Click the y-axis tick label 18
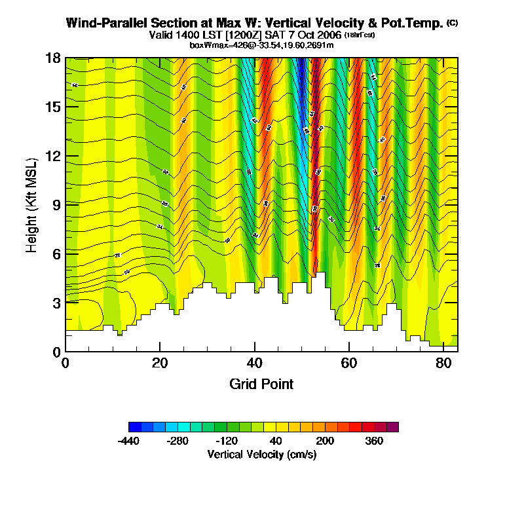(54, 58)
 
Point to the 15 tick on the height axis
(54, 107)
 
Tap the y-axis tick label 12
(54, 156)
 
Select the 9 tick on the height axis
(56, 205)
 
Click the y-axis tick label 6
(56, 254)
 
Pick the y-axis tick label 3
(56, 303)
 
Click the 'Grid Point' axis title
(261, 384)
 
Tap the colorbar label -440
(129, 441)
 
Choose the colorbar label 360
(373, 441)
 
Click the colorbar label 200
(325, 441)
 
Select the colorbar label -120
(227, 441)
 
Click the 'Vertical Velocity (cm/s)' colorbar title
(262, 455)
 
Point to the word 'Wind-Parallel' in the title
(100, 24)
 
